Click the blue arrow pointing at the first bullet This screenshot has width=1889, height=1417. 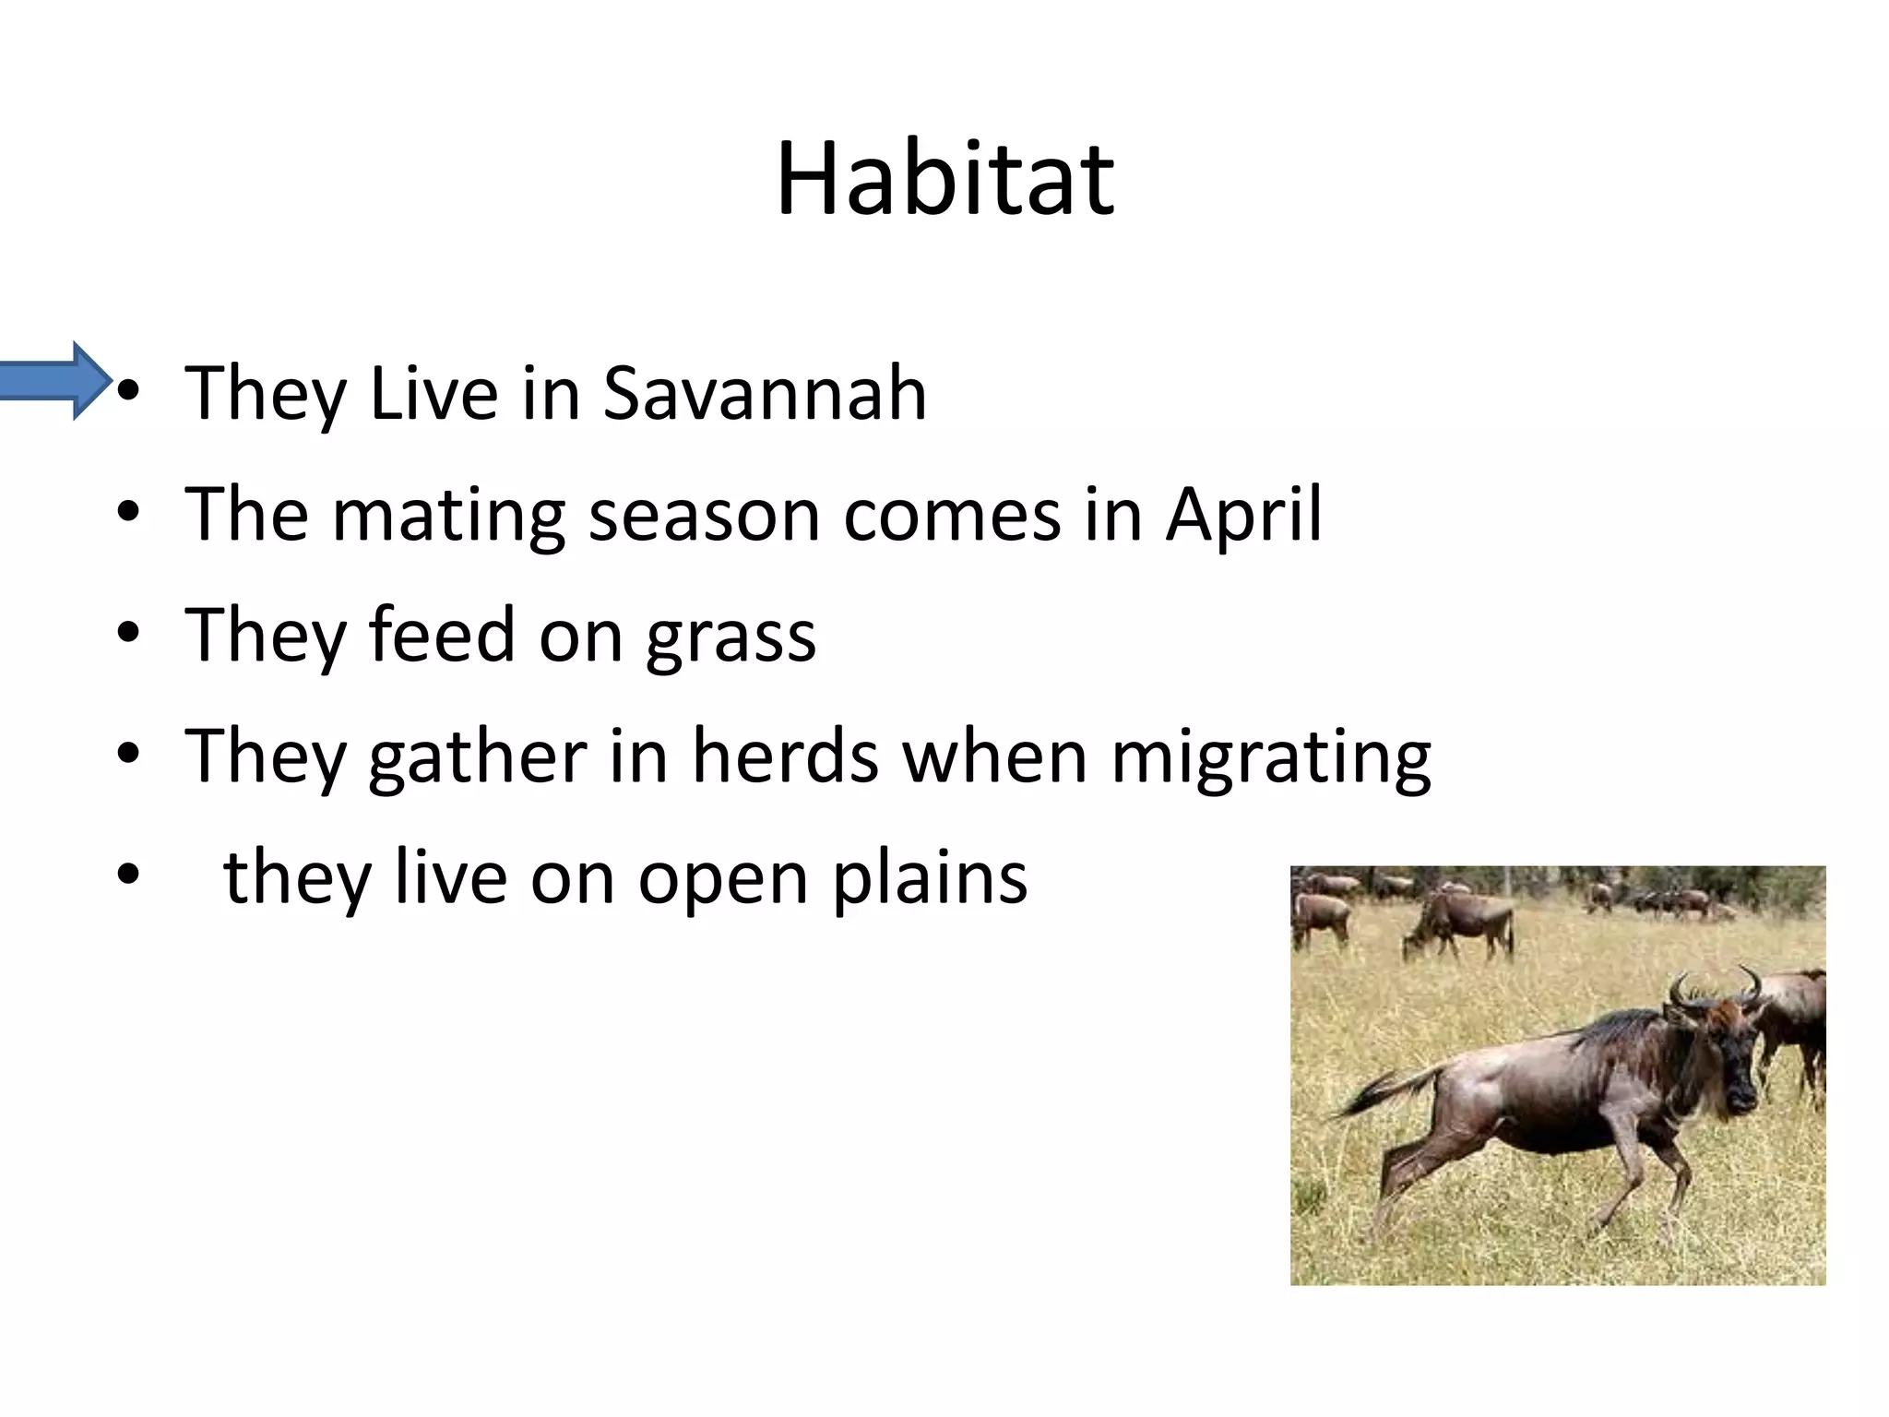55,380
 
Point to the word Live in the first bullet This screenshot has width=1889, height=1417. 434,394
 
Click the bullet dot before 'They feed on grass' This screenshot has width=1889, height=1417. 128,634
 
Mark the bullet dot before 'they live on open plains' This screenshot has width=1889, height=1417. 128,875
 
